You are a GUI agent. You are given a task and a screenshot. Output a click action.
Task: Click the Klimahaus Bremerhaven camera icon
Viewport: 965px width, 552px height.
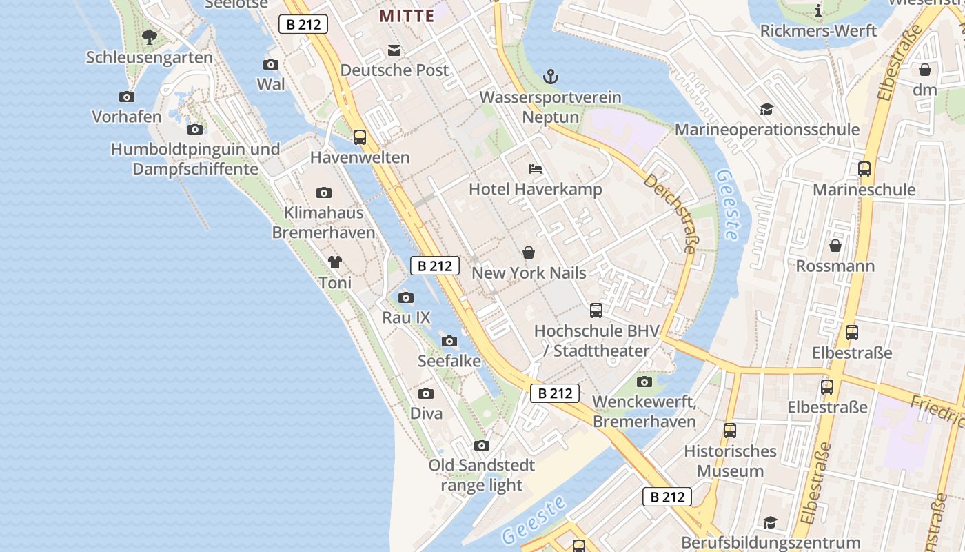click(x=324, y=193)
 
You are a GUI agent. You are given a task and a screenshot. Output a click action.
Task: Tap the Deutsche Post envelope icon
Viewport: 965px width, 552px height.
click(x=394, y=50)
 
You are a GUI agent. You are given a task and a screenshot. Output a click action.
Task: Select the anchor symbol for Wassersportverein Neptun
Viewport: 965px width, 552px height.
click(x=550, y=77)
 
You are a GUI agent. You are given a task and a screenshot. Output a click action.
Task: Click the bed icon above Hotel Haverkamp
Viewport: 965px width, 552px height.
click(x=536, y=168)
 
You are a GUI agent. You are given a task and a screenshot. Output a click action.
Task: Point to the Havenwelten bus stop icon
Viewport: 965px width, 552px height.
click(x=360, y=137)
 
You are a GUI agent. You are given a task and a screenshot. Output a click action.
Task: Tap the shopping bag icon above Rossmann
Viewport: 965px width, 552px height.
click(x=835, y=246)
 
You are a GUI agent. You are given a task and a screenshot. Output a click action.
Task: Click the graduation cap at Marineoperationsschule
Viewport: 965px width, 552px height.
click(x=766, y=109)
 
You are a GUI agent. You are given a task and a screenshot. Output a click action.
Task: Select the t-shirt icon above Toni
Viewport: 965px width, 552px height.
click(x=335, y=262)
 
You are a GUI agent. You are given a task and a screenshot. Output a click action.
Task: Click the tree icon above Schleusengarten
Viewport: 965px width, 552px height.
click(x=149, y=37)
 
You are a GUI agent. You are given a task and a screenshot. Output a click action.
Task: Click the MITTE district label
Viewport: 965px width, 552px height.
click(x=407, y=15)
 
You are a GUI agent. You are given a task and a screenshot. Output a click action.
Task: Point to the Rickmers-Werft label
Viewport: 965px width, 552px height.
click(x=818, y=31)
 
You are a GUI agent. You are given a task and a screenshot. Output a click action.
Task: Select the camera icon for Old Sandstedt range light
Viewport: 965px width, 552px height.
click(x=482, y=445)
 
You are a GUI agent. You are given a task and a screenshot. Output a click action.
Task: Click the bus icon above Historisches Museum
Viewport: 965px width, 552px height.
click(x=730, y=431)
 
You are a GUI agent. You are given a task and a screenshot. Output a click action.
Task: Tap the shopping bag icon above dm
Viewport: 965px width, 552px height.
click(x=925, y=70)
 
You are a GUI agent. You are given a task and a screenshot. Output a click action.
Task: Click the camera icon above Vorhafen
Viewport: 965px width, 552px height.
click(x=127, y=97)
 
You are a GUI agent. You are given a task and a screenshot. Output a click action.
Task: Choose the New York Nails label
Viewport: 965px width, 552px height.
click(x=529, y=273)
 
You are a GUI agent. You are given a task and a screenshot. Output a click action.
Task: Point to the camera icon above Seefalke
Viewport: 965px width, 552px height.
click(x=449, y=341)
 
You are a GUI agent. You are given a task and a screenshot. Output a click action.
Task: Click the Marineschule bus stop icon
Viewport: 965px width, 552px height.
click(x=864, y=169)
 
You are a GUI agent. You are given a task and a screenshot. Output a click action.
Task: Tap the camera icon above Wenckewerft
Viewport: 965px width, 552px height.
click(x=644, y=382)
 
